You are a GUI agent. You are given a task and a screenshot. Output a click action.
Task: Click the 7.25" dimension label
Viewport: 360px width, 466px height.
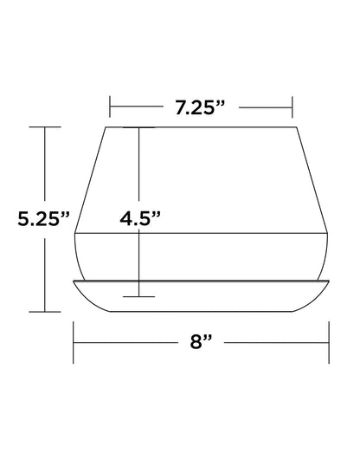click(200, 107)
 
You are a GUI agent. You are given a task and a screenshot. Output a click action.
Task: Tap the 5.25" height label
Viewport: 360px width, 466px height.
click(43, 219)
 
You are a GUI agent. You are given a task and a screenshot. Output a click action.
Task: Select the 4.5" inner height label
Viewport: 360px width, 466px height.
click(140, 219)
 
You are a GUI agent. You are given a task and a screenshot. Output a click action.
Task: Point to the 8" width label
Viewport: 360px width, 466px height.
click(201, 341)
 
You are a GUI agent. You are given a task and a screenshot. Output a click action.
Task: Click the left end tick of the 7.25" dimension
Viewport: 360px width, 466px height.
click(110, 107)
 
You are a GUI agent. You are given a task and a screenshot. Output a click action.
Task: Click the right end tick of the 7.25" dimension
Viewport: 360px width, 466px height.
click(292, 107)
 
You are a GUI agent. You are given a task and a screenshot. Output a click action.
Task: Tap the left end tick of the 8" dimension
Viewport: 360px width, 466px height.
click(74, 342)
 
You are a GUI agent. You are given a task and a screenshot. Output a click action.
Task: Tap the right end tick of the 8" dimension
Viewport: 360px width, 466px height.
click(329, 342)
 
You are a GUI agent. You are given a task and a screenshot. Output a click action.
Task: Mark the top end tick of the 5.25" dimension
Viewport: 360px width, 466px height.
click(45, 127)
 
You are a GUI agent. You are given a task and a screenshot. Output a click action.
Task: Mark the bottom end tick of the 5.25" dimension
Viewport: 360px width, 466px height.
click(45, 312)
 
